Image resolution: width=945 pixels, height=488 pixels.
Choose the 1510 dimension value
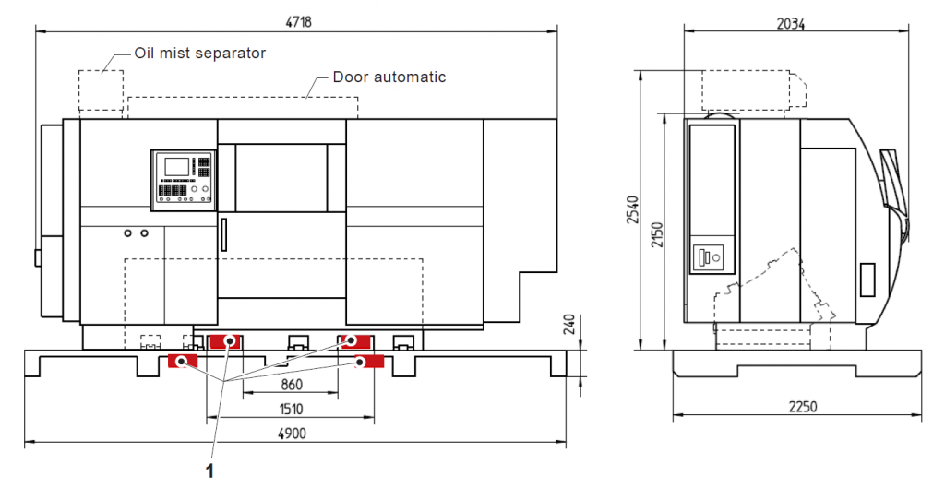click(291, 408)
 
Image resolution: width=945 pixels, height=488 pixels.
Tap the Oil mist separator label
click(199, 53)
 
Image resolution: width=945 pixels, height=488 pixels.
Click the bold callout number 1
click(210, 470)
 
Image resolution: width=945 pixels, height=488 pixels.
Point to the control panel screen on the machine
click(173, 167)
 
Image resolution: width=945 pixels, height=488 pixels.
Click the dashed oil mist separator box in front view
click(101, 89)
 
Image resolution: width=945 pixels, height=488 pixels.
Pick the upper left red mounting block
click(224, 342)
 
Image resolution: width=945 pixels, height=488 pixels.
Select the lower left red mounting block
click(182, 360)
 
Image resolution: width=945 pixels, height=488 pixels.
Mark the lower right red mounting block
click(370, 361)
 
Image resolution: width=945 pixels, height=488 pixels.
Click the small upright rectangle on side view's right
click(867, 280)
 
